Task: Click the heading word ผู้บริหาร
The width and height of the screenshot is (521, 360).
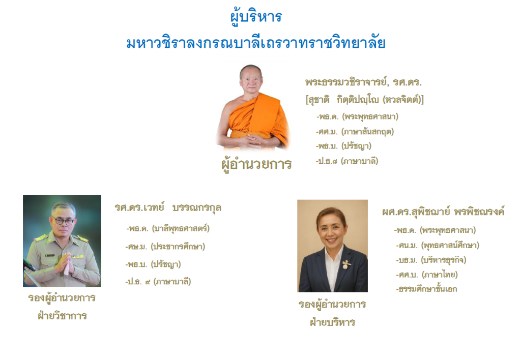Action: click(256, 17)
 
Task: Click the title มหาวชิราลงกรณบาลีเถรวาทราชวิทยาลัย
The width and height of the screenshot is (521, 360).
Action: click(256, 43)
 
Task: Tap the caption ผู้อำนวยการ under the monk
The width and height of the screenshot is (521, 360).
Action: click(256, 164)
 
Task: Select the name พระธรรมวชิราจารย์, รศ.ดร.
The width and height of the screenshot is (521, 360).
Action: click(363, 82)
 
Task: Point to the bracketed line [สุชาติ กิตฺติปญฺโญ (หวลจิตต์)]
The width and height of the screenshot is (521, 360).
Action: click(364, 99)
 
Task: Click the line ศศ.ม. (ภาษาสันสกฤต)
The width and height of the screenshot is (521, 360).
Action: click(355, 132)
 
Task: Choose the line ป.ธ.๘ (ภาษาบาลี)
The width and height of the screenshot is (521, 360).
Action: click(347, 161)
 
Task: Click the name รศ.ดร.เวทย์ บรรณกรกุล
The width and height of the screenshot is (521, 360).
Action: click(168, 208)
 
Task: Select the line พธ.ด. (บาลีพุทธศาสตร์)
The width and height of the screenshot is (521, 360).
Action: click(168, 229)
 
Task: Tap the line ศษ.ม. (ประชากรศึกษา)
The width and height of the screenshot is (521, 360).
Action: click(165, 247)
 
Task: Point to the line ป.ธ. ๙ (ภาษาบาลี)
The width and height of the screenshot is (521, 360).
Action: click(158, 282)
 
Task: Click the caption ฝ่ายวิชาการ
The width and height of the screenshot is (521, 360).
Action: click(62, 316)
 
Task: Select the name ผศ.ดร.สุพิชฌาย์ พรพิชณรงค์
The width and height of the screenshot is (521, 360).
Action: click(443, 212)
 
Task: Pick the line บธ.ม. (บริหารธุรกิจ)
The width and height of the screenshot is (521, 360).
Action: click(431, 260)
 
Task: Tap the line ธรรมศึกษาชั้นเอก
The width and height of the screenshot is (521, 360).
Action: click(427, 289)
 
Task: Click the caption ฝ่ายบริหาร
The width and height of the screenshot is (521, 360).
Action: click(333, 322)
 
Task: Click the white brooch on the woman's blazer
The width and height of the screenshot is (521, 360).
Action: click(346, 264)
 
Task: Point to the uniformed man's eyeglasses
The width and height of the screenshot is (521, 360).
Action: click(63, 221)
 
